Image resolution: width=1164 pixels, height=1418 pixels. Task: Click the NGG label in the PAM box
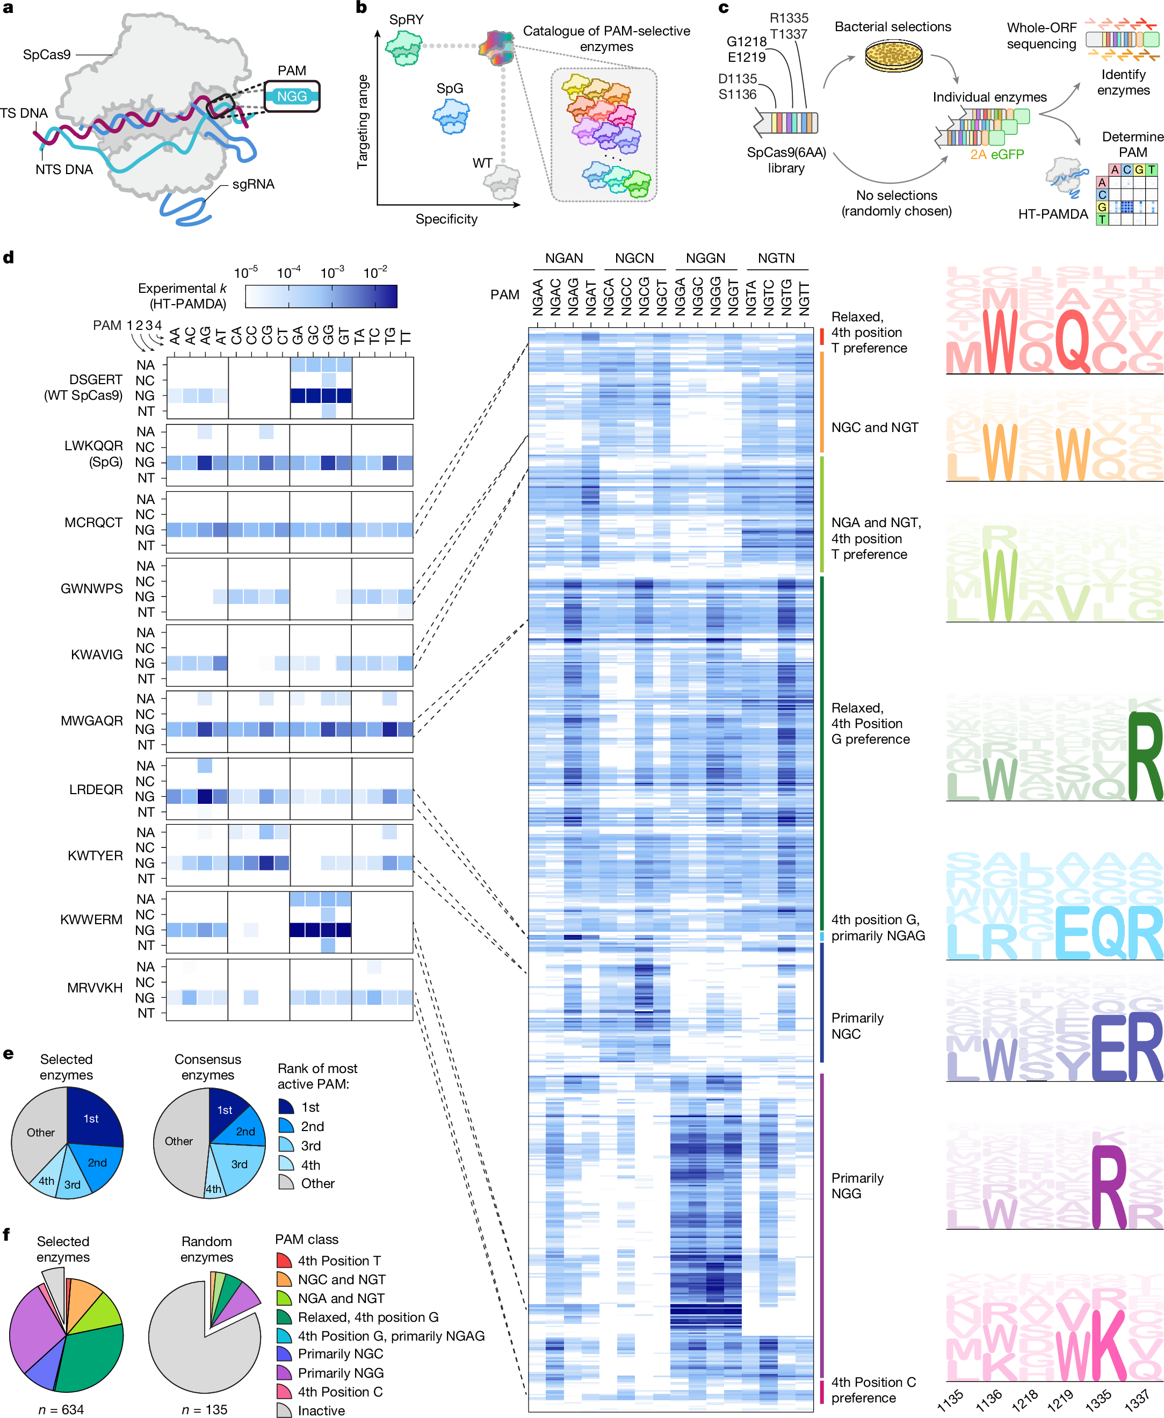click(x=292, y=97)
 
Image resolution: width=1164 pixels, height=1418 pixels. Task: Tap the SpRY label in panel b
click(x=406, y=19)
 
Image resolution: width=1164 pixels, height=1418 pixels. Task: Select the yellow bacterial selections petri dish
click(x=893, y=56)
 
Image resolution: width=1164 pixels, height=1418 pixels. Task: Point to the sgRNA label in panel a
click(x=253, y=184)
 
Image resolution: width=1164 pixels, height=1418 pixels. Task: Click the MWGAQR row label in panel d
click(x=92, y=721)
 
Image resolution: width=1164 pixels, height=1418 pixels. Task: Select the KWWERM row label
click(x=92, y=919)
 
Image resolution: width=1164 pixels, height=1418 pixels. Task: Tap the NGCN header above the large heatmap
click(x=634, y=258)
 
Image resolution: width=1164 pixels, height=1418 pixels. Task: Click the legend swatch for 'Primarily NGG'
click(x=284, y=1373)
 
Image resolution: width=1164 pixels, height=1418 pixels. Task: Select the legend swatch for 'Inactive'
click(x=284, y=1410)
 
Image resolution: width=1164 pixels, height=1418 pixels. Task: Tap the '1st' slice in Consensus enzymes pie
click(x=225, y=1110)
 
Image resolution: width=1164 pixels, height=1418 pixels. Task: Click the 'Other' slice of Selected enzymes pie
click(x=40, y=1132)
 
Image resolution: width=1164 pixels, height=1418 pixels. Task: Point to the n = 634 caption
click(x=61, y=1409)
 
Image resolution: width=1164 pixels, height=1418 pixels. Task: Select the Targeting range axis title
click(x=363, y=121)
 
